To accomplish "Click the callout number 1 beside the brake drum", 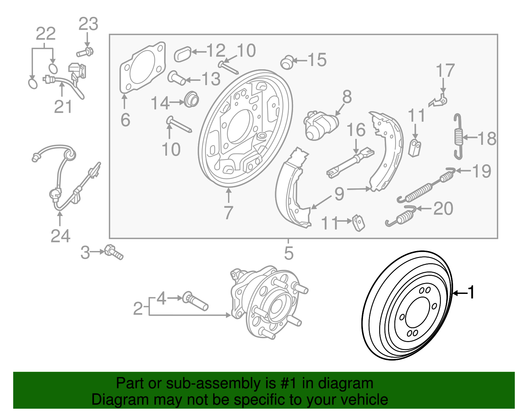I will (x=471, y=292).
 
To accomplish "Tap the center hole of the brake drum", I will (x=417, y=312).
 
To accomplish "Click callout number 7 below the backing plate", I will (x=228, y=213).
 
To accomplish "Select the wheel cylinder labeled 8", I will (x=320, y=125).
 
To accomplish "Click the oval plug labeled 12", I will (x=182, y=54).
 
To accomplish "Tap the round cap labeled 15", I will (x=287, y=62).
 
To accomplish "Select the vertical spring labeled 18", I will (x=458, y=137).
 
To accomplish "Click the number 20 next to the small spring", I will (x=443, y=208).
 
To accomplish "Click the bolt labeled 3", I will (x=114, y=252).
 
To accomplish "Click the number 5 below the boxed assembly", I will (x=288, y=253).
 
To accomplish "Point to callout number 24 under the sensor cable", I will (x=60, y=236).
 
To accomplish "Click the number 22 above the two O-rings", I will (x=46, y=34).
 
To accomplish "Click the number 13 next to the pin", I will (x=211, y=79).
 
